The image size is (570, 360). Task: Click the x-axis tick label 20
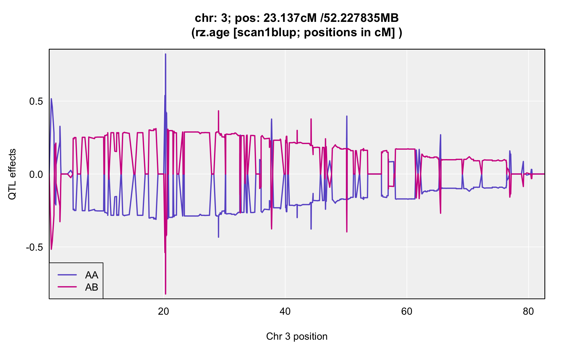(163, 312)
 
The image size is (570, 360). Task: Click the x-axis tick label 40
(285, 312)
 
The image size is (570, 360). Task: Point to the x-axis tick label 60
(407, 312)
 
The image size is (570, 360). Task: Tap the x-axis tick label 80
(528, 312)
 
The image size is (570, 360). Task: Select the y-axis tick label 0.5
(36, 102)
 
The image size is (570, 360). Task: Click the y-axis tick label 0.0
(36, 174)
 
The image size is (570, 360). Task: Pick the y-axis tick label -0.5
(34, 247)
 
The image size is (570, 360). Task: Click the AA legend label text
(92, 275)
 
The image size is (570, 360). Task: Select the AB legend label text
(92, 287)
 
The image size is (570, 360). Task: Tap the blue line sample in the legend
(67, 275)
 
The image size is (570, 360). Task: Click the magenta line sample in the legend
(67, 287)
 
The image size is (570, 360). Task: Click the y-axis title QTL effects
(12, 174)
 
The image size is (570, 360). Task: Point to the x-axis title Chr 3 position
(297, 337)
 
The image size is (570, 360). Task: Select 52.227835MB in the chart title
(361, 18)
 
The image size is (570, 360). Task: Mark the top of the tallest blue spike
(166, 54)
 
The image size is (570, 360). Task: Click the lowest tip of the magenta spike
(166, 294)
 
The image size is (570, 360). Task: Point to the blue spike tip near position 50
(347, 116)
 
